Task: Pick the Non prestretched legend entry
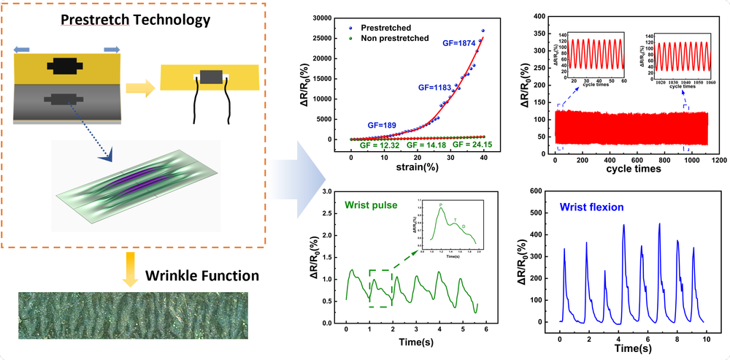coord(399,38)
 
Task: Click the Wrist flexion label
coord(591,207)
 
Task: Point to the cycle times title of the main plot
coord(634,169)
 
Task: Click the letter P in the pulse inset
coord(440,205)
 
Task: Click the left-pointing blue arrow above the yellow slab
coord(21,49)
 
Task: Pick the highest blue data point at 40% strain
coord(483,31)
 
